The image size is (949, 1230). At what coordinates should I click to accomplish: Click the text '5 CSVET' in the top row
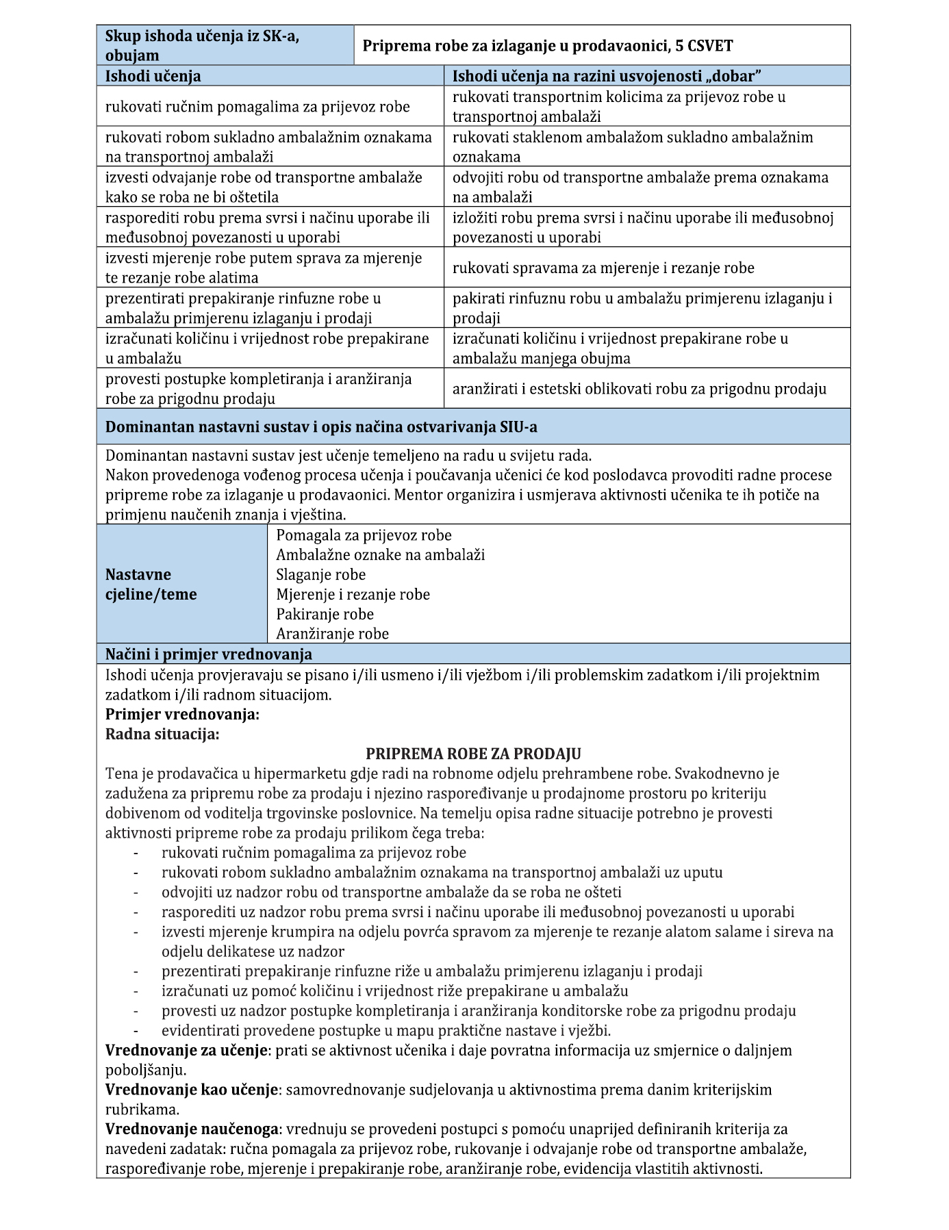tap(705, 46)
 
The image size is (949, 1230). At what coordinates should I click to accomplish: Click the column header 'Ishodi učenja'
tap(153, 76)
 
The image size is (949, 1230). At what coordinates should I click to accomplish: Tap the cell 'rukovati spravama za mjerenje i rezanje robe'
tap(603, 268)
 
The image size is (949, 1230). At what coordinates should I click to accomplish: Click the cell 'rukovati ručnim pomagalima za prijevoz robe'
tap(257, 107)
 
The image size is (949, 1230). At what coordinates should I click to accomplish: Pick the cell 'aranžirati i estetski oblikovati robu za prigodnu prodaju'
tap(639, 389)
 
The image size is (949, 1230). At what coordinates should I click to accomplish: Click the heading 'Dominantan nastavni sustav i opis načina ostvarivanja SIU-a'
tap(321, 427)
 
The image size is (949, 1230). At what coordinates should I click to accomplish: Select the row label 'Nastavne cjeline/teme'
tap(151, 584)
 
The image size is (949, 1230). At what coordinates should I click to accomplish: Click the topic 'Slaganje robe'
tap(320, 574)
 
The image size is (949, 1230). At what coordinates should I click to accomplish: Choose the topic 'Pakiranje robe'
tap(325, 614)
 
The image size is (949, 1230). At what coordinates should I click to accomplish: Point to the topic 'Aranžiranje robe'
tap(332, 634)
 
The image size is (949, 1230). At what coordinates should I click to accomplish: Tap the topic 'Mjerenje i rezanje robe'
tap(353, 594)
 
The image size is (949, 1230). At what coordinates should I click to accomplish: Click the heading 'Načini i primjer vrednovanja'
tap(208, 654)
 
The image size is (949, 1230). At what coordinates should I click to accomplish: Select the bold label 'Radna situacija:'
tap(162, 734)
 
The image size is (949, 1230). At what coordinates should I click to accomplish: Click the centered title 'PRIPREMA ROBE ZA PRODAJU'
tap(473, 754)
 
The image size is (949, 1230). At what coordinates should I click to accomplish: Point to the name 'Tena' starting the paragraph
tap(121, 774)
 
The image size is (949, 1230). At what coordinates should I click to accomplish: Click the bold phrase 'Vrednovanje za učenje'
tap(186, 1050)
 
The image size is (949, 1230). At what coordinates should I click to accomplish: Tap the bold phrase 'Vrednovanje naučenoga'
tap(192, 1129)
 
